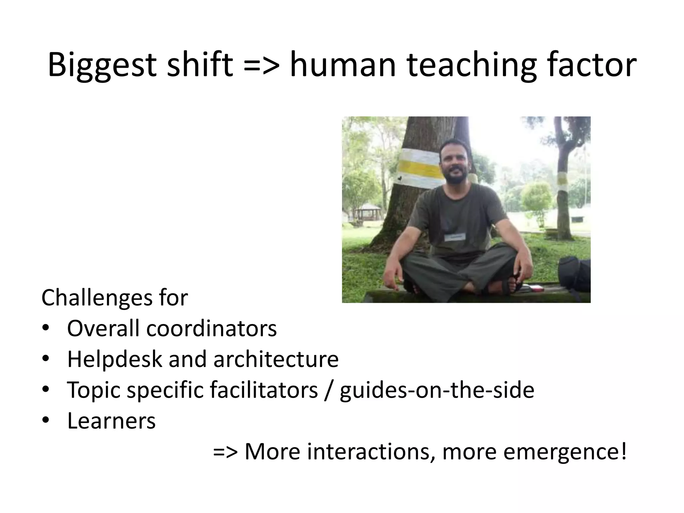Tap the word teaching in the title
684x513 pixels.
coord(469,65)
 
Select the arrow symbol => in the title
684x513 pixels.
coord(261,65)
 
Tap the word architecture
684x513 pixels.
coord(276,359)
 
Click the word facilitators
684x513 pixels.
coord(264,390)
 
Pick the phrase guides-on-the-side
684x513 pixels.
coord(437,390)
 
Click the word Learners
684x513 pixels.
coord(111,420)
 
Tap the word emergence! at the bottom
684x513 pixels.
coord(564,451)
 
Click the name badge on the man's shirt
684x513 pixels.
coord(455,237)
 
